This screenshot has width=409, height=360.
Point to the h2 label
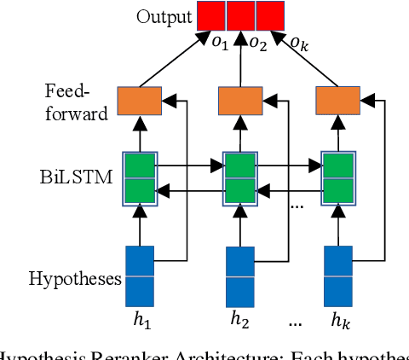(x=240, y=321)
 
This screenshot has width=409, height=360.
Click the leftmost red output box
(x=211, y=15)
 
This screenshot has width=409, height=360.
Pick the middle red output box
(x=241, y=15)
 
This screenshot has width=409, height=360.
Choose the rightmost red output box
(x=270, y=15)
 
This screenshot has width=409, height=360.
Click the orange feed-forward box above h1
(x=139, y=101)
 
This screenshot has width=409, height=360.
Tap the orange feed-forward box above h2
(x=239, y=101)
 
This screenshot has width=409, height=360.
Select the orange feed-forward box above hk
(x=337, y=101)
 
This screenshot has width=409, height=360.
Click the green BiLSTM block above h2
(x=239, y=177)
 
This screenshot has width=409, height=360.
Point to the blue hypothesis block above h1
(x=140, y=275)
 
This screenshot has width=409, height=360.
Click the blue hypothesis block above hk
(x=338, y=275)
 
